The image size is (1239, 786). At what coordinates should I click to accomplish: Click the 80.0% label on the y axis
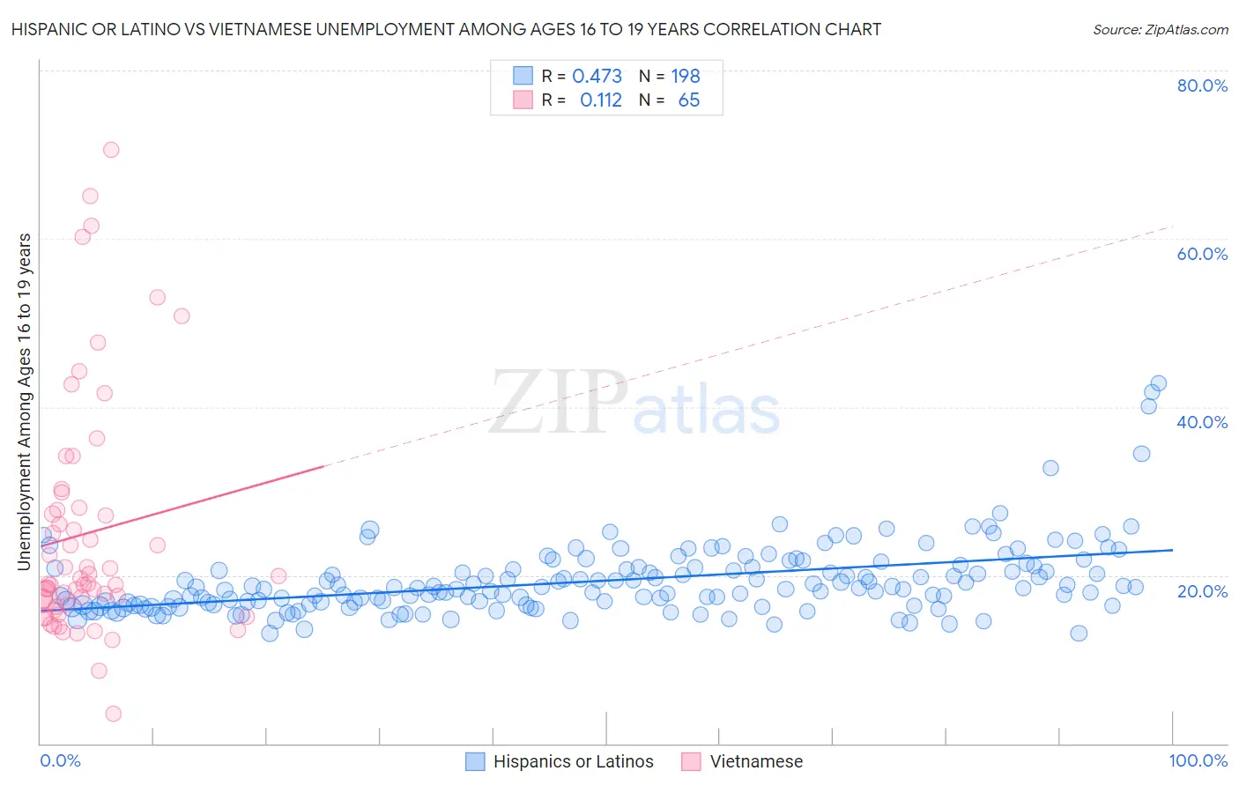pyautogui.click(x=1202, y=85)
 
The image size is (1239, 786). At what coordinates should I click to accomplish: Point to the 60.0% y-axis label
pyautogui.click(x=1202, y=254)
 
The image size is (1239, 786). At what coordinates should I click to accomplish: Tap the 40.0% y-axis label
pyautogui.click(x=1202, y=422)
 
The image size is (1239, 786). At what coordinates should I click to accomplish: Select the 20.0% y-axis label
pyautogui.click(x=1202, y=590)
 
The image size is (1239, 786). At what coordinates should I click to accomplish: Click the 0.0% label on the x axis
pyautogui.click(x=60, y=760)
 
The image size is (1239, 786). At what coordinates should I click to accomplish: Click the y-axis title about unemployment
pyautogui.click(x=25, y=401)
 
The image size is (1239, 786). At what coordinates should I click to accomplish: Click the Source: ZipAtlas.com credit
pyautogui.click(x=1160, y=30)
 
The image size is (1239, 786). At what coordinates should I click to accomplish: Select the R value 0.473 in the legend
pyautogui.click(x=597, y=77)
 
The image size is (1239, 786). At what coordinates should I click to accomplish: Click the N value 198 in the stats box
pyautogui.click(x=686, y=77)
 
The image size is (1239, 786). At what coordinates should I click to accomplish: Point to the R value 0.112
pyautogui.click(x=601, y=100)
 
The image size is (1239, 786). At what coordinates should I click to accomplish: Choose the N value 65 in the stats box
pyautogui.click(x=689, y=100)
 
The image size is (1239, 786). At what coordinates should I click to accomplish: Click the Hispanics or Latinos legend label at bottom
pyautogui.click(x=573, y=761)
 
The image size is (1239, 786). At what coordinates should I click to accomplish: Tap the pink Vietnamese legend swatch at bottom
pyautogui.click(x=691, y=761)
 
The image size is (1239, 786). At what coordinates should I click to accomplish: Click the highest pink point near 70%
pyautogui.click(x=111, y=150)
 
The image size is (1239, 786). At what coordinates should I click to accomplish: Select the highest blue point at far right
pyautogui.click(x=1159, y=383)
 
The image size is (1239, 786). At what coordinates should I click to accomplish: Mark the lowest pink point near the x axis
pyautogui.click(x=113, y=714)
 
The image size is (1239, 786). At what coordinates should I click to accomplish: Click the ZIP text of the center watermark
pyautogui.click(x=558, y=403)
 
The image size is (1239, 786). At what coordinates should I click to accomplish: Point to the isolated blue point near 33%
pyautogui.click(x=1050, y=468)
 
